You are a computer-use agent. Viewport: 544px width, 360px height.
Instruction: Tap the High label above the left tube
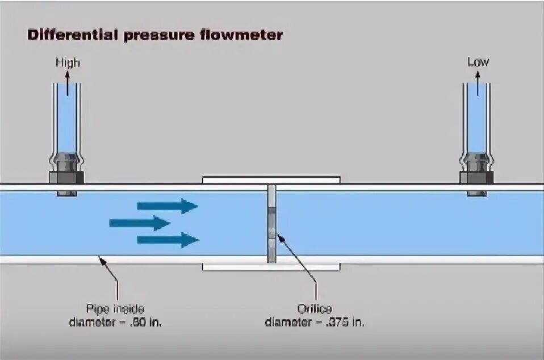click(68, 62)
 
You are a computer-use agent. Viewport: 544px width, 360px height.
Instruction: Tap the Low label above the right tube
click(478, 61)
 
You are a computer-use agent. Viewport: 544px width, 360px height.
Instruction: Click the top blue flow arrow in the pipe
click(167, 206)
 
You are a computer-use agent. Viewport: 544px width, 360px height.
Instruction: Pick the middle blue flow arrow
click(140, 223)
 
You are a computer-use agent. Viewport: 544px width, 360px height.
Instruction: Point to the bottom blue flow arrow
click(167, 240)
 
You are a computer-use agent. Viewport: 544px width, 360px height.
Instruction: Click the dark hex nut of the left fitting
click(66, 177)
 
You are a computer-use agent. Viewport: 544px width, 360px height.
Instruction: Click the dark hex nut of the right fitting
click(477, 177)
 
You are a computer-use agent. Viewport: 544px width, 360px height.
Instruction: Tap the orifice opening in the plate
click(272, 231)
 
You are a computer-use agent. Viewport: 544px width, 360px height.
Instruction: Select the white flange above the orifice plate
click(271, 179)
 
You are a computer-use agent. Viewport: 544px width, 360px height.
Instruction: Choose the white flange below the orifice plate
click(271, 267)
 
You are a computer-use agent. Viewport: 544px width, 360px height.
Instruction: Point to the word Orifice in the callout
click(315, 309)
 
